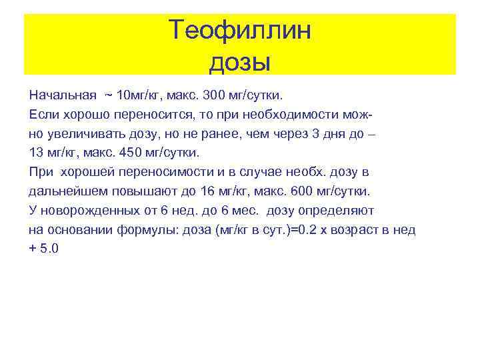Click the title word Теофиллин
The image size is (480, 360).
[239, 30]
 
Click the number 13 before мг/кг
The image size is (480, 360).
[37, 151]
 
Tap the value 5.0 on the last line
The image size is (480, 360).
[50, 249]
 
